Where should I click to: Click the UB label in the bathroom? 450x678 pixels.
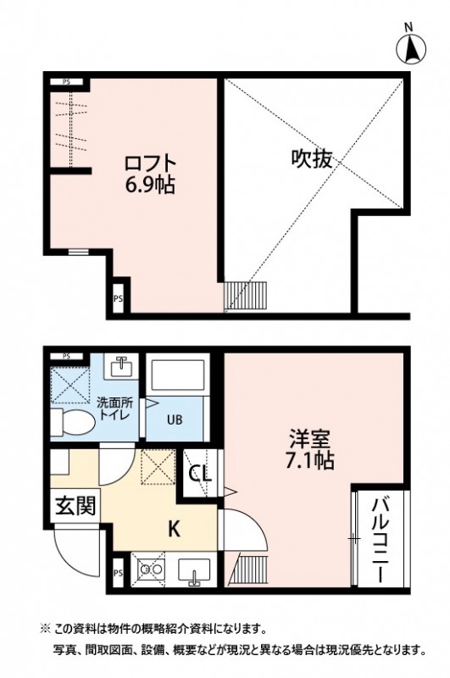coord(174,419)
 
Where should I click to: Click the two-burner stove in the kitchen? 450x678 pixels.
coord(151,570)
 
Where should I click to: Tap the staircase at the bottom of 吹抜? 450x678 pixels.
coord(246,296)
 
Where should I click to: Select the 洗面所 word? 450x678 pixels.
coord(113,402)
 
